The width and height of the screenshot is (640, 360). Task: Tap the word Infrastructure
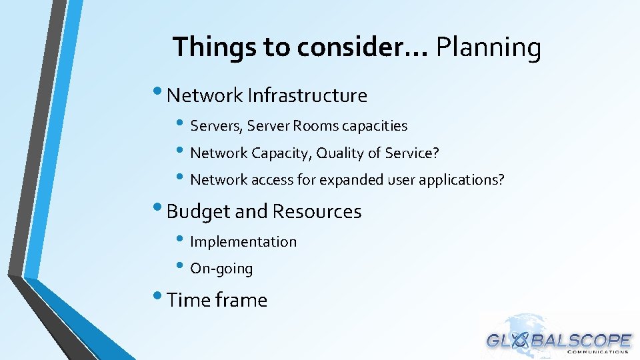click(x=307, y=95)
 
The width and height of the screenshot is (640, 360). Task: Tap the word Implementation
click(x=243, y=242)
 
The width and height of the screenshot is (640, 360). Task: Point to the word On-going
click(x=221, y=269)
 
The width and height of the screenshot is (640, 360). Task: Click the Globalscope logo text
click(x=559, y=340)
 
